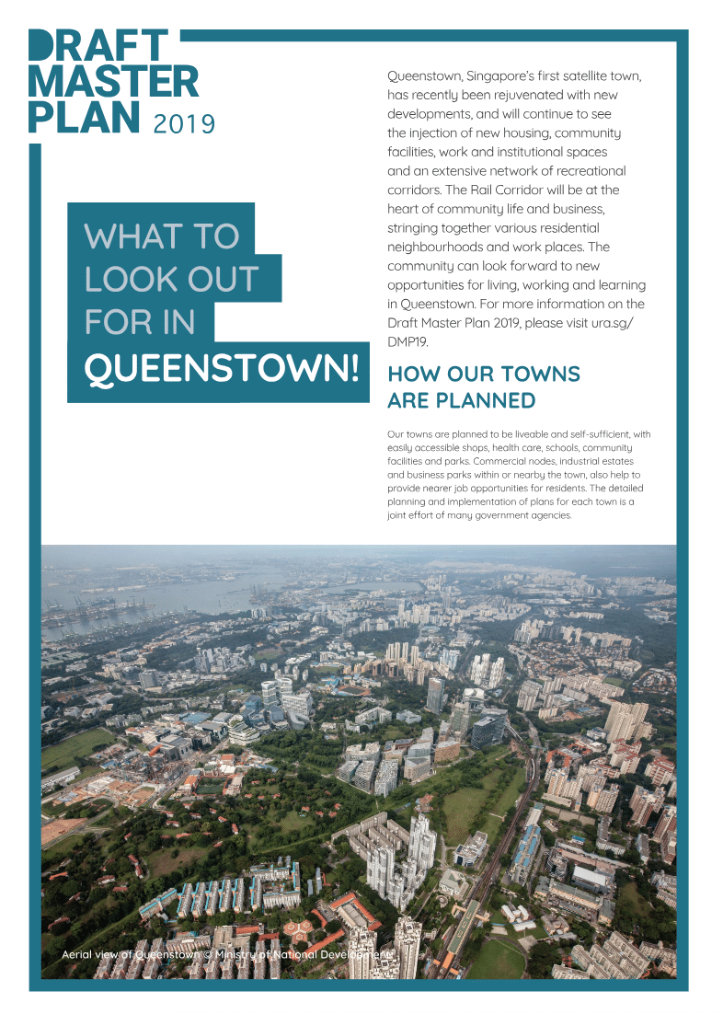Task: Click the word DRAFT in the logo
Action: pos(98,47)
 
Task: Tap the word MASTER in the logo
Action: pos(113,82)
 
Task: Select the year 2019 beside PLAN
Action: pos(184,124)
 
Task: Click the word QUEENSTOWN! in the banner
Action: pos(221,368)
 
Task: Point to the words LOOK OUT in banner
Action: pos(171,280)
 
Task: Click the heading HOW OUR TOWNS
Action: pos(484,374)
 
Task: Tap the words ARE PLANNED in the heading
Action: pos(461,401)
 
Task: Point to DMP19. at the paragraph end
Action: pos(408,342)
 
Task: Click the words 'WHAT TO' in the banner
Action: pos(162,236)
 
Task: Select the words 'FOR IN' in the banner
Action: pos(140,323)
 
